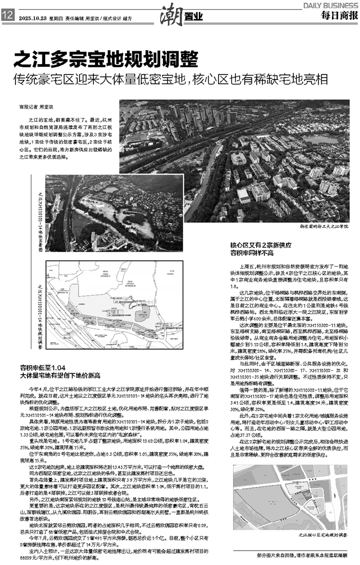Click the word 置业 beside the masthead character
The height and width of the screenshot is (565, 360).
click(x=189, y=17)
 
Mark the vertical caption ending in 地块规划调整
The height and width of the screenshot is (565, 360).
click(x=40, y=312)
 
